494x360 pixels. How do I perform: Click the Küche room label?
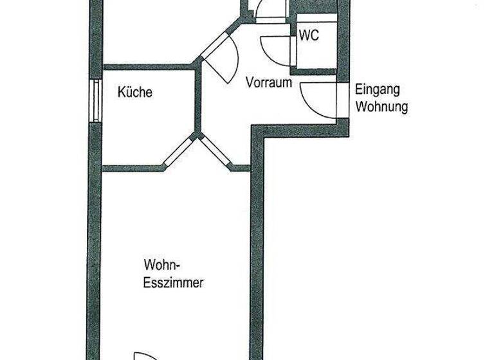135,93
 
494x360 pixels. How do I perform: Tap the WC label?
309,36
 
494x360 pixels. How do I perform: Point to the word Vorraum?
269,83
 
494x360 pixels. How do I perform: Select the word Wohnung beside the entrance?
381,106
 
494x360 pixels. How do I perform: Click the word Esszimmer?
174,282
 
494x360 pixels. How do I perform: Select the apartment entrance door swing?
315,100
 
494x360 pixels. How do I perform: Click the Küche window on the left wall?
95,101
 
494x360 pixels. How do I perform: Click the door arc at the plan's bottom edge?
145,355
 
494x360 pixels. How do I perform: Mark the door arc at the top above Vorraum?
269,10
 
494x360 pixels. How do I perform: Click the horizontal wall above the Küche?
148,66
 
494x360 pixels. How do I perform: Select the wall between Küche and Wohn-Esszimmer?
129,168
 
